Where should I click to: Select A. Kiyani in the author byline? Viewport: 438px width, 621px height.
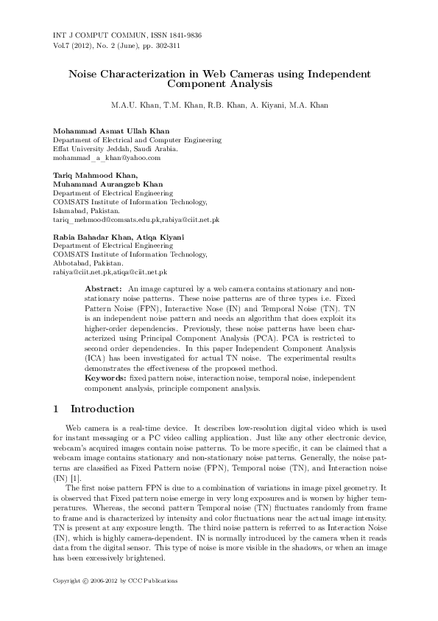pyautogui.click(x=268, y=105)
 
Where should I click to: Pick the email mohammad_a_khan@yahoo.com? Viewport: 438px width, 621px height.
pyautogui.click(x=107, y=157)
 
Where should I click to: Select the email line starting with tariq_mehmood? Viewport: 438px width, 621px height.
pyautogui.click(x=136, y=220)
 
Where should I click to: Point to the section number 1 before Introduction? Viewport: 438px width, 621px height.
pyautogui.click(x=57, y=409)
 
